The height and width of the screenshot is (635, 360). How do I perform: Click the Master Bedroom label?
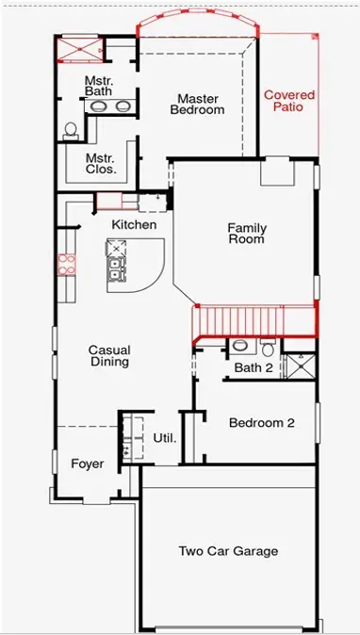coord(197,104)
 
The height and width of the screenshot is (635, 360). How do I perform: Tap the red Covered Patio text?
coord(288,102)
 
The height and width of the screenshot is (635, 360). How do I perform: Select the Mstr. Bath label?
coord(99,86)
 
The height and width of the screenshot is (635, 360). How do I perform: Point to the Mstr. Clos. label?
coord(100,164)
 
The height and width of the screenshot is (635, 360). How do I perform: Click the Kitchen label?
coord(134,224)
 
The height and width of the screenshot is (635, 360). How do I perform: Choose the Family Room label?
coord(247,234)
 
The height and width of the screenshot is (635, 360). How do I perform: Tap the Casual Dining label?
coord(108,356)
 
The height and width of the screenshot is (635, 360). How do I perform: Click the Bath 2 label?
coord(253,367)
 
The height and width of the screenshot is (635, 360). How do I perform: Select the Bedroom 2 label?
coord(261,423)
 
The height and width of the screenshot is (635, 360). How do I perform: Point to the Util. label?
coord(164,439)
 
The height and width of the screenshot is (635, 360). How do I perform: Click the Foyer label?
coord(88,464)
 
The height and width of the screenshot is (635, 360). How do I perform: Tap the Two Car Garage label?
coord(229,551)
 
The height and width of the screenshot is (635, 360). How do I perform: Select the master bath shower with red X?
coord(77,49)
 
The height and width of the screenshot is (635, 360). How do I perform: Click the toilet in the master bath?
coord(70,131)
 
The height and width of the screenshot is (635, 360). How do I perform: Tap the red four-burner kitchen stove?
coord(65,264)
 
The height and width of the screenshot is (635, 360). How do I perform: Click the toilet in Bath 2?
coord(239,345)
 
